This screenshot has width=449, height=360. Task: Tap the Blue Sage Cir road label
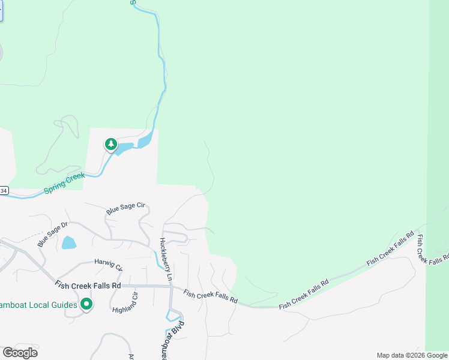126,208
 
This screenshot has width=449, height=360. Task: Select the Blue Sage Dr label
52,233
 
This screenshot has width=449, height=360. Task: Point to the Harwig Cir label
109,264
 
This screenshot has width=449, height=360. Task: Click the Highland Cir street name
125,302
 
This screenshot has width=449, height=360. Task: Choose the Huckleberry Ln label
166,260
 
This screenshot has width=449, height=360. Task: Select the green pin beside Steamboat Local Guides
86,305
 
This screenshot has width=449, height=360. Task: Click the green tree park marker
110,144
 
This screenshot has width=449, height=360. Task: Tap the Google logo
20,353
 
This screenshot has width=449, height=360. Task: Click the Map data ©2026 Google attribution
412,356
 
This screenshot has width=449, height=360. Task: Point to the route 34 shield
4,190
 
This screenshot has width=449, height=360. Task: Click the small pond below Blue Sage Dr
69,242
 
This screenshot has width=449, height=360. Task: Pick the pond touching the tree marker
124,148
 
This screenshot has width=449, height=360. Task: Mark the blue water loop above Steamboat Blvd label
173,316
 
